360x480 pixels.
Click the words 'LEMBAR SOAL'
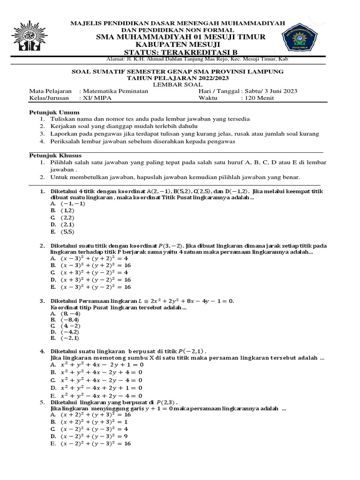coord(180,84)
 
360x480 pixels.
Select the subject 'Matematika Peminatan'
coord(115,91)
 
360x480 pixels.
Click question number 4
coord(42,351)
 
